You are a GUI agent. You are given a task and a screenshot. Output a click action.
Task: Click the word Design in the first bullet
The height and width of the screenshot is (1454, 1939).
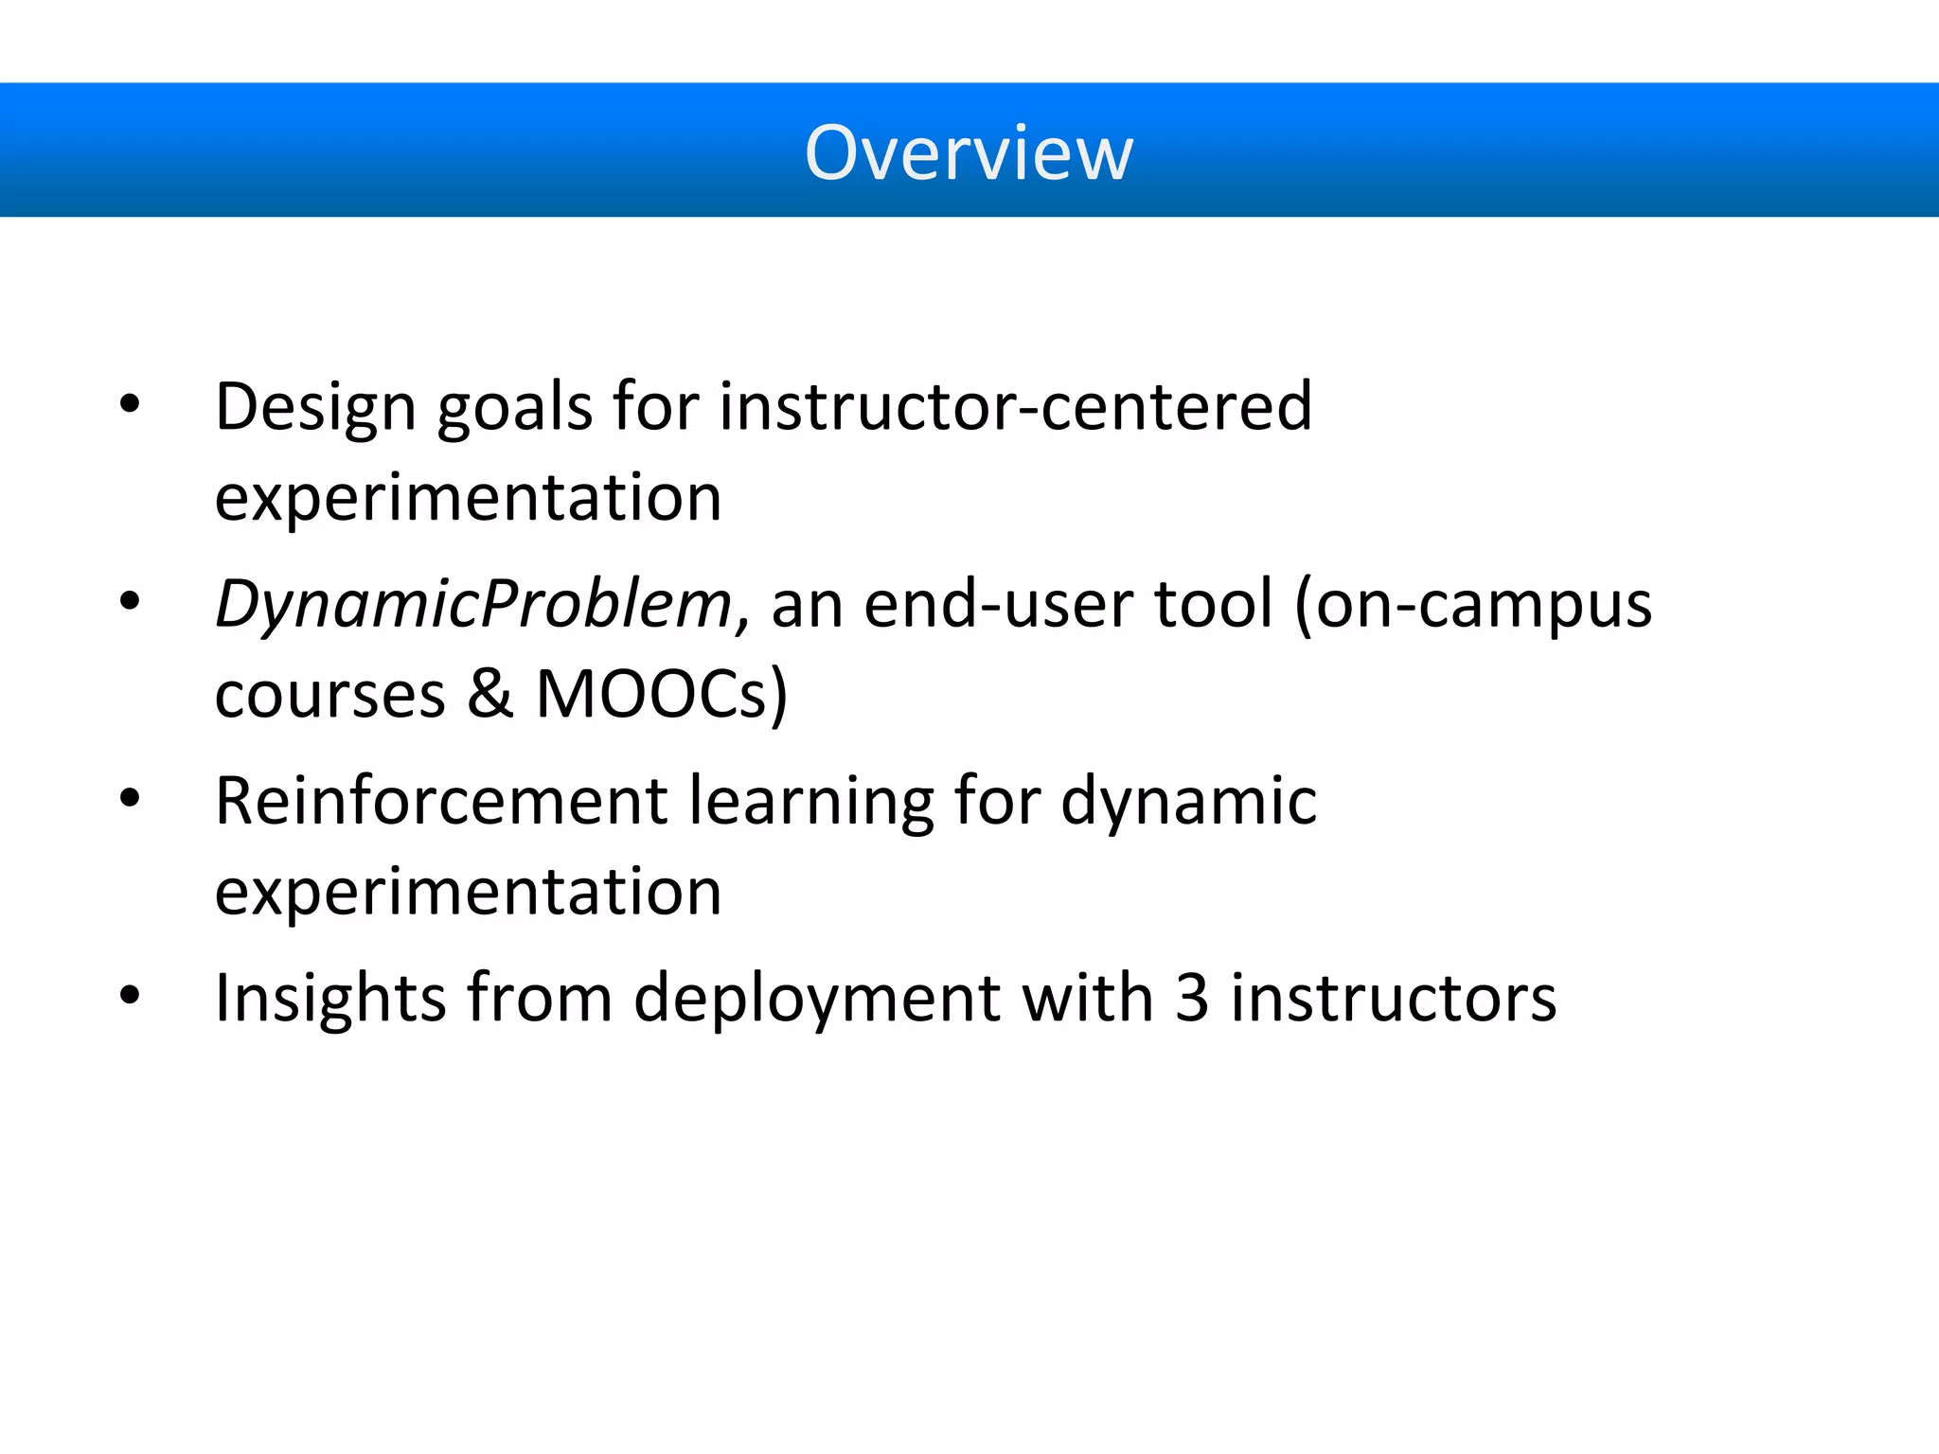315,407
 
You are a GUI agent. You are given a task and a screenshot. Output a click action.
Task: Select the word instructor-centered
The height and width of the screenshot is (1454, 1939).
1016,407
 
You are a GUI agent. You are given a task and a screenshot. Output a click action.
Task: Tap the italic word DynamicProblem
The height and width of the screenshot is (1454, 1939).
472,604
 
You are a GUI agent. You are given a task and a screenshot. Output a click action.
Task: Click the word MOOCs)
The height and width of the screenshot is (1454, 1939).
662,695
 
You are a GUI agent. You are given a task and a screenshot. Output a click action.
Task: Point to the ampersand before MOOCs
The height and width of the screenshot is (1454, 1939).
489,695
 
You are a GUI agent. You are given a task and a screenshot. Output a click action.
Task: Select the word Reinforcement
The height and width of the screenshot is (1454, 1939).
441,801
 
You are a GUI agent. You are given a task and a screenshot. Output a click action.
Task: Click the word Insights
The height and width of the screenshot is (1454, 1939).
330,998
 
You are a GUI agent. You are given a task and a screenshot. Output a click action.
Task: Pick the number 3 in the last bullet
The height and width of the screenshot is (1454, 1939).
1192,998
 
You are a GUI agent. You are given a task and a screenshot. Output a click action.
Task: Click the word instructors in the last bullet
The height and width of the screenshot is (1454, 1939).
1393,998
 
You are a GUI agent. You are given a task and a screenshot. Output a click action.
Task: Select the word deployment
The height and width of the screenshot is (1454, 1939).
816,1000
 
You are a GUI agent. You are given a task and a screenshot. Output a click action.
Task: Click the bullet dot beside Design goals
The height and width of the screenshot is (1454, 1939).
130,405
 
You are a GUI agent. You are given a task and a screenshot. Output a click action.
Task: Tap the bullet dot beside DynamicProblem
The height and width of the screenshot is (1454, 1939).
130,601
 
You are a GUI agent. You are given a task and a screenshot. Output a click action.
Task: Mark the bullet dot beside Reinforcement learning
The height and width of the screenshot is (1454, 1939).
130,799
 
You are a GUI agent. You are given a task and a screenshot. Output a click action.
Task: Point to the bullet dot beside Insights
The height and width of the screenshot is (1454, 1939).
130,996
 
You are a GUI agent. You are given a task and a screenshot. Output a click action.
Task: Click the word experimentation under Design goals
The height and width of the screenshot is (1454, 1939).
468,498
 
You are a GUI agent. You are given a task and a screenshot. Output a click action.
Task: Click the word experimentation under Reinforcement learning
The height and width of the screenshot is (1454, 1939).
468,892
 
